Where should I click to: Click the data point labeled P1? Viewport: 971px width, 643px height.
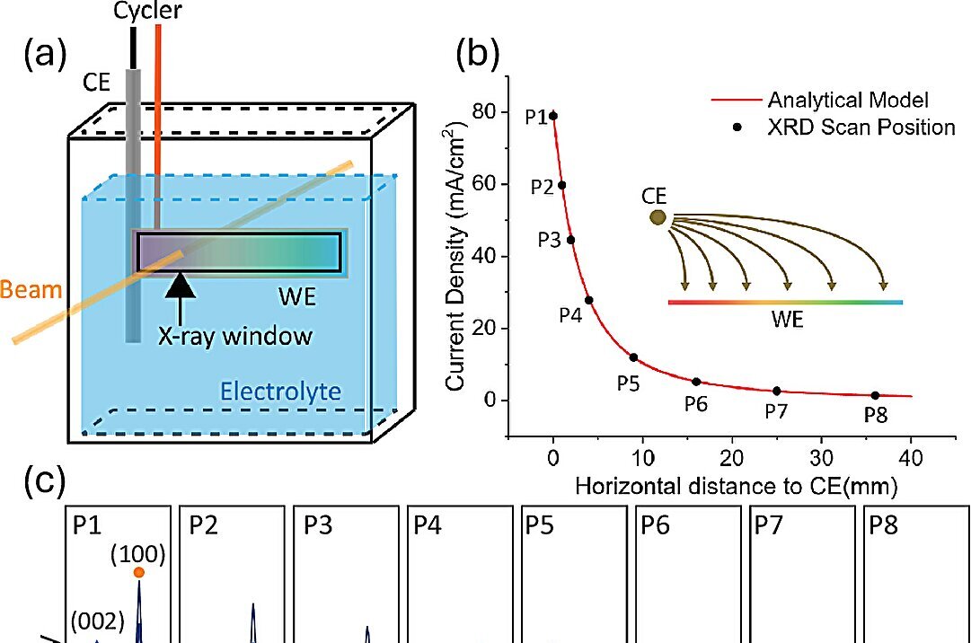tap(553, 116)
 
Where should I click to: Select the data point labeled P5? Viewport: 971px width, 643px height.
tap(633, 357)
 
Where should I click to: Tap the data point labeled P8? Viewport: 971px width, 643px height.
tap(875, 395)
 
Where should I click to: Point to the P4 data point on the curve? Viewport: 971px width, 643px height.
tap(588, 300)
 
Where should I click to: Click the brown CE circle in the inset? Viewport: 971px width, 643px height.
tap(658, 217)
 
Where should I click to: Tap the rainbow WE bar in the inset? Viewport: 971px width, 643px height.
tap(785, 303)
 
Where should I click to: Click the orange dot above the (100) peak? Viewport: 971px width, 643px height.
tap(138, 573)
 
